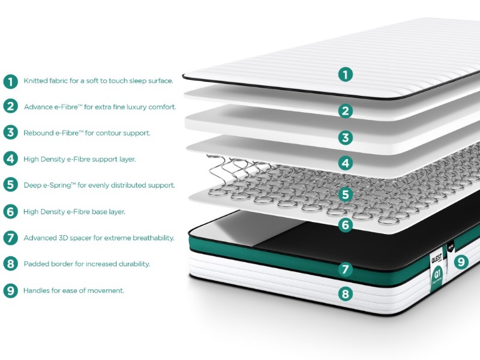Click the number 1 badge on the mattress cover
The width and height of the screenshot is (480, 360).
click(346, 74)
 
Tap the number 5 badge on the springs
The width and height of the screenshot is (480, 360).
click(346, 194)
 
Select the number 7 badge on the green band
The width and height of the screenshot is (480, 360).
click(346, 269)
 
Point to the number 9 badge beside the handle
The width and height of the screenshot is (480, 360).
click(461, 262)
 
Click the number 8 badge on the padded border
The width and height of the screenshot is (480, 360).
click(346, 294)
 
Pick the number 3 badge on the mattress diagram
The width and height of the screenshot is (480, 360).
click(346, 138)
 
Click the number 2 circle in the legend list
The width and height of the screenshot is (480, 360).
click(11, 106)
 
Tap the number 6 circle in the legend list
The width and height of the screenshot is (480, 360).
click(11, 212)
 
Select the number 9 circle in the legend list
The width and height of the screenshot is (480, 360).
click(11, 290)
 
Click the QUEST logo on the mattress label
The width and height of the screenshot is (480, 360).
click(437, 259)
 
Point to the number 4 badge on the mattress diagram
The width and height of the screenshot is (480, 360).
click(346, 163)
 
